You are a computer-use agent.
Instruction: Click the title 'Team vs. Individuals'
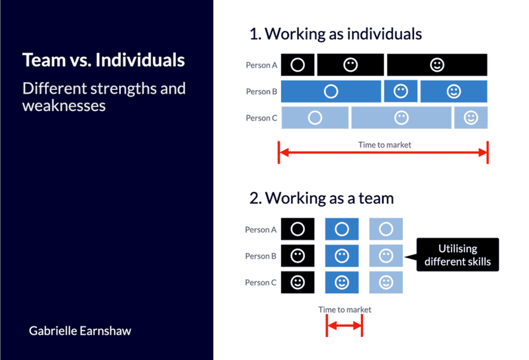103,60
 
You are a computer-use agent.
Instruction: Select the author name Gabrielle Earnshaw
80,330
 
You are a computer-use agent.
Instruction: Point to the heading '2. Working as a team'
321,197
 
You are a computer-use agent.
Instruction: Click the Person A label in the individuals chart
261,65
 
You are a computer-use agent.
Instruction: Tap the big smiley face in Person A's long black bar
437,65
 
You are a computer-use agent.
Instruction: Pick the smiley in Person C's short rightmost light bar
471,118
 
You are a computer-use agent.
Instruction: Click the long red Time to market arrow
383,153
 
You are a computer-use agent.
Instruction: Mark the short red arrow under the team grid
345,325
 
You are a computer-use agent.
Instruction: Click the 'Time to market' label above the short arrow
345,309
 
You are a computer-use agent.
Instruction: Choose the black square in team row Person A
298,230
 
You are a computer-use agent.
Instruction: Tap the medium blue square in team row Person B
342,256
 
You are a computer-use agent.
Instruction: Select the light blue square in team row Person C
386,283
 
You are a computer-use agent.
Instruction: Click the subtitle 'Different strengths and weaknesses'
104,97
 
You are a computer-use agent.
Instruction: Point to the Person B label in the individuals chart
261,91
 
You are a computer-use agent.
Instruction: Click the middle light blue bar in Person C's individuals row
401,118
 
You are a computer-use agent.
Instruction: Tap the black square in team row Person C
298,283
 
